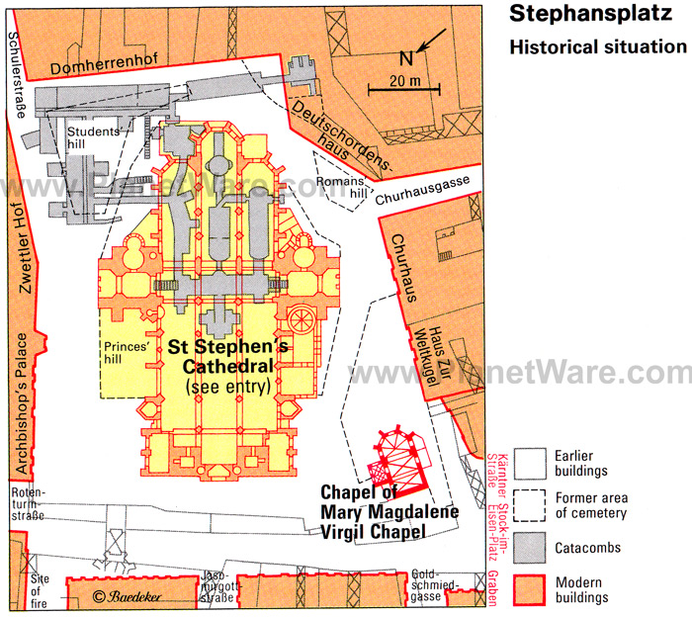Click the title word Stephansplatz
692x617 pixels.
[590, 14]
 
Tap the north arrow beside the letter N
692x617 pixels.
[432, 41]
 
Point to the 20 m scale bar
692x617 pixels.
[403, 90]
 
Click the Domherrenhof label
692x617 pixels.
[104, 64]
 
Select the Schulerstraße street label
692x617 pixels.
[17, 75]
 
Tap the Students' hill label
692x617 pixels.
[93, 137]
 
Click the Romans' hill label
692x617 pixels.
[342, 187]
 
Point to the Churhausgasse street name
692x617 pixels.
[422, 190]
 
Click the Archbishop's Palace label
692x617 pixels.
[21, 403]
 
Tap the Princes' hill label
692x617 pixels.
[127, 353]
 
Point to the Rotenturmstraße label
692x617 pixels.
[29, 503]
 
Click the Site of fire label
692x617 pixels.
[39, 591]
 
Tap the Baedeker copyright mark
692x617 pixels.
[127, 596]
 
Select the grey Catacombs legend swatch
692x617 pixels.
[530, 548]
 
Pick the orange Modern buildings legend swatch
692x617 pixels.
[530, 590]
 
